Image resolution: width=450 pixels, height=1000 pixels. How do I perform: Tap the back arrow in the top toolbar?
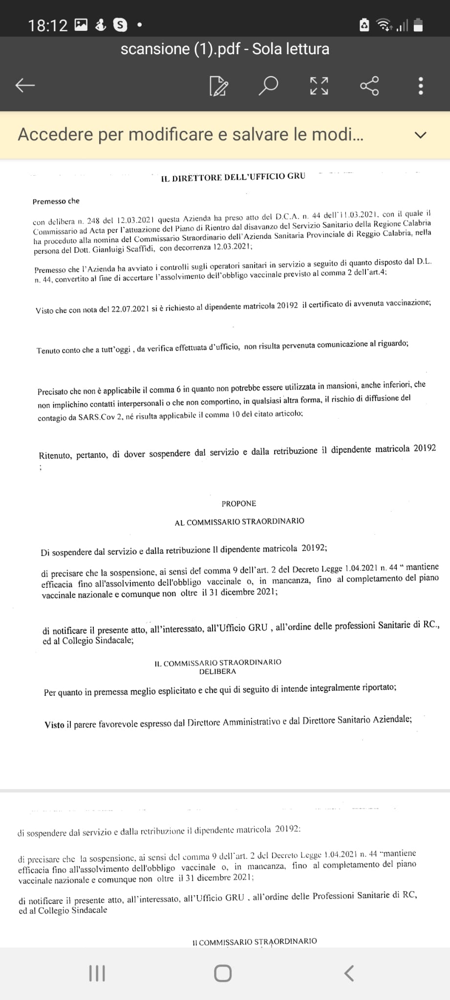point(25,85)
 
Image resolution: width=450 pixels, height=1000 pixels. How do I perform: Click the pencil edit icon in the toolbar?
point(218,86)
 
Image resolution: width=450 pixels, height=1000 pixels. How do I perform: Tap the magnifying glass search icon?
point(268,85)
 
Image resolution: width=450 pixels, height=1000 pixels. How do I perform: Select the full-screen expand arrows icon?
point(319,85)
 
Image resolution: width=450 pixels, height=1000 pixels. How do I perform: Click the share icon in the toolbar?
point(369,85)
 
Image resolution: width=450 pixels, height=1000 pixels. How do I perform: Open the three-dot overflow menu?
point(421,86)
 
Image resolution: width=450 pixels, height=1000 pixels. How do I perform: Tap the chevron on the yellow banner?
point(420,135)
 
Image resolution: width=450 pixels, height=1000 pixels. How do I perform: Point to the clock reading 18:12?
point(47,25)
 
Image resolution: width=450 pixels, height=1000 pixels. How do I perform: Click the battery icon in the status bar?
point(418,25)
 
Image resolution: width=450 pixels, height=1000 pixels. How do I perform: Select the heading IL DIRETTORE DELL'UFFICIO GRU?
point(233,177)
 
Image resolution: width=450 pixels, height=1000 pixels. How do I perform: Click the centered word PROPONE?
point(238,503)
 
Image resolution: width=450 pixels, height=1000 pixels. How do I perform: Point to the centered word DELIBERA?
point(217,671)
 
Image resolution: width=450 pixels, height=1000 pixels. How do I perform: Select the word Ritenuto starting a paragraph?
point(55,456)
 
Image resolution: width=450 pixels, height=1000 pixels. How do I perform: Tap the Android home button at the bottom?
point(223,973)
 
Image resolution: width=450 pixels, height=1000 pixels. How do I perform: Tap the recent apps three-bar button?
point(97,973)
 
